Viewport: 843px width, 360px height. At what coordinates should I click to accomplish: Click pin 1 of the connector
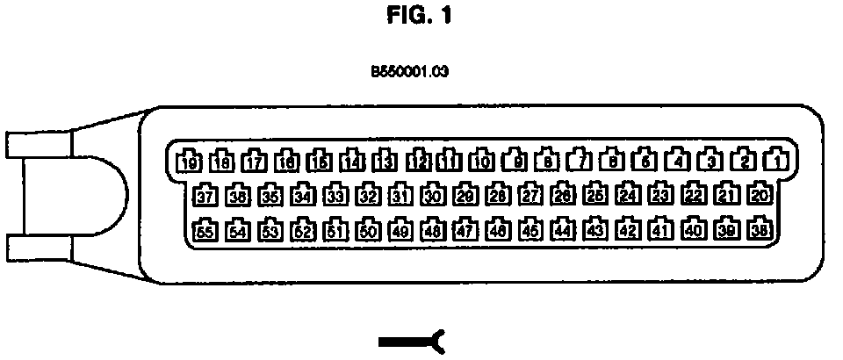point(774,161)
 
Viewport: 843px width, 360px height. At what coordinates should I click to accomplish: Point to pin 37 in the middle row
point(206,195)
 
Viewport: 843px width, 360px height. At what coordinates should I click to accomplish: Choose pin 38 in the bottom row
point(759,230)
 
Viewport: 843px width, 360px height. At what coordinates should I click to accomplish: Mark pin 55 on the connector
point(205,230)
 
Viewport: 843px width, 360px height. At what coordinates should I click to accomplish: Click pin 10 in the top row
point(481,161)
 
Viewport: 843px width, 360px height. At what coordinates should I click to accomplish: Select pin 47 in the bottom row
point(465,230)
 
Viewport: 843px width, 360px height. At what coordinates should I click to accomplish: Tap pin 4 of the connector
point(676,161)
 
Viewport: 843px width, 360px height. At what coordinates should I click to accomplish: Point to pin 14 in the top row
point(352,161)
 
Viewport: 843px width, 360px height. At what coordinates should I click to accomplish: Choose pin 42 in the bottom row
point(628,230)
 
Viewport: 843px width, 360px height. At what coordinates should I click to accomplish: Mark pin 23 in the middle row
point(661,195)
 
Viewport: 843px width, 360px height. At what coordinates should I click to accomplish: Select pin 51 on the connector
point(335,230)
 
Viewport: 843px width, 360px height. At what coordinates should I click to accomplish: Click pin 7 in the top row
point(579,161)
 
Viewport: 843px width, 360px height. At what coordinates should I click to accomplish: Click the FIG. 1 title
point(421,17)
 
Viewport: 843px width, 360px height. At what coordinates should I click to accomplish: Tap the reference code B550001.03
point(410,73)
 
